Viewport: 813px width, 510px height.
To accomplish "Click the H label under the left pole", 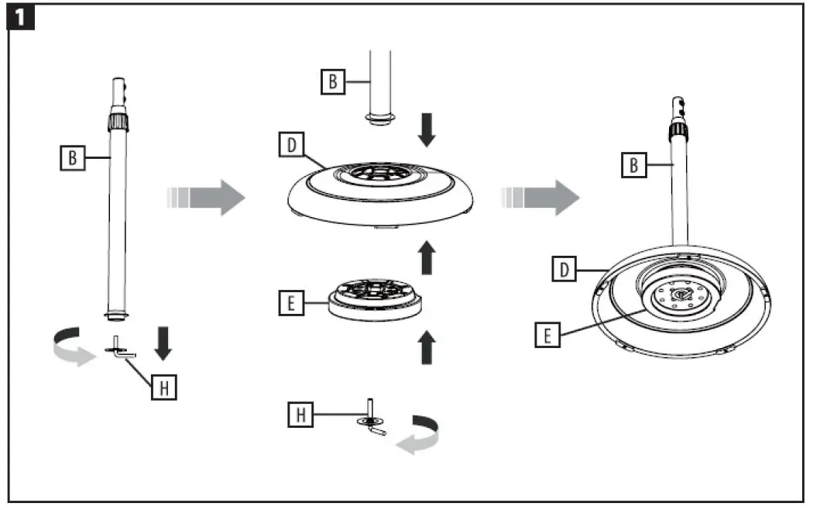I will (x=163, y=388).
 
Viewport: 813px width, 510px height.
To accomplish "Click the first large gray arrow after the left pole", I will (x=205, y=198).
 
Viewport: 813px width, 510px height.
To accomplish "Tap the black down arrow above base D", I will (x=426, y=130).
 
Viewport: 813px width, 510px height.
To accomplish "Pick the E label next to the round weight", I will (x=290, y=304).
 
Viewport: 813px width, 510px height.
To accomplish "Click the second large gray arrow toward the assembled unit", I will (x=540, y=198).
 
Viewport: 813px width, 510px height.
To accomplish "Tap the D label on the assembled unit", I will (x=565, y=269).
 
